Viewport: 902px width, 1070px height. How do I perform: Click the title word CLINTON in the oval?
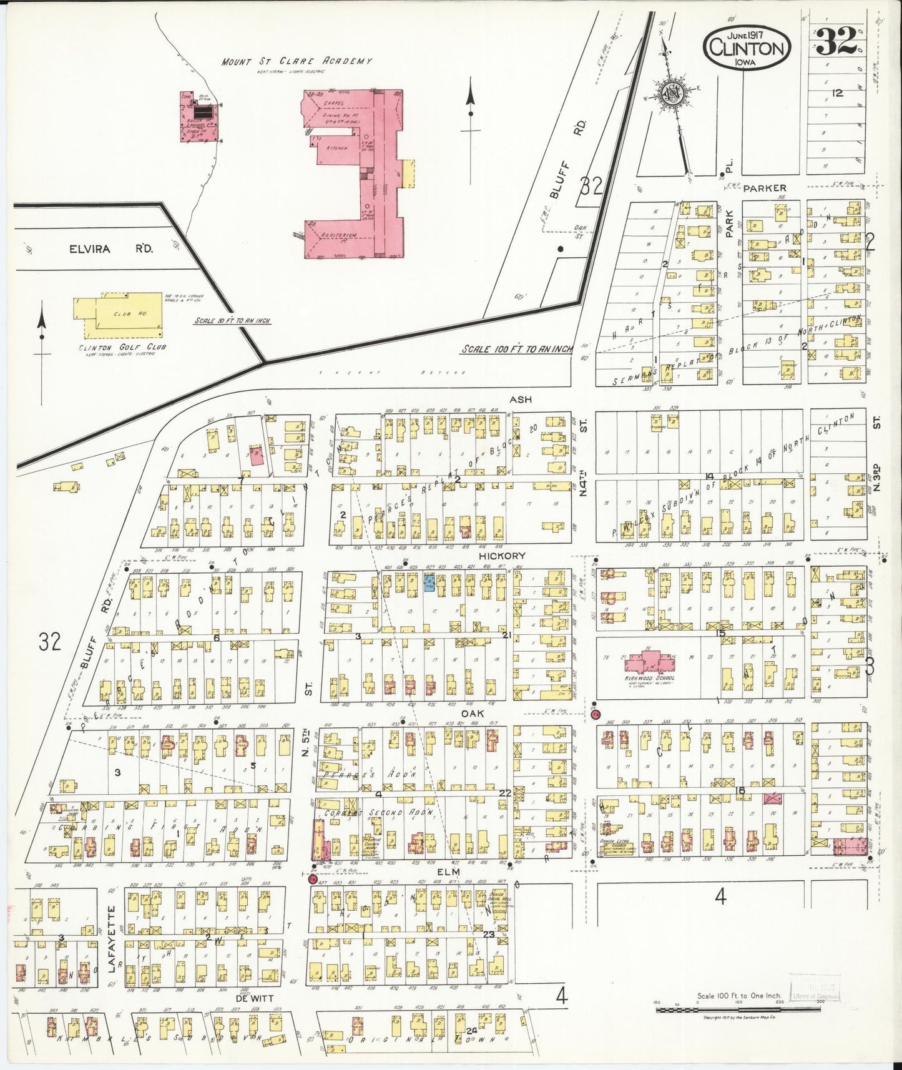tap(747, 48)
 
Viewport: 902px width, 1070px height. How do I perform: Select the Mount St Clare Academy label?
tap(297, 61)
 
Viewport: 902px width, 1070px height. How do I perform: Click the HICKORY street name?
tap(502, 556)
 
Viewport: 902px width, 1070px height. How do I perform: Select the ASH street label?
tap(520, 399)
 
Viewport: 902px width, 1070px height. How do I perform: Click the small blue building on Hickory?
tap(430, 583)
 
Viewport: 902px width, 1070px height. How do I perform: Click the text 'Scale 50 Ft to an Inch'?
tap(232, 320)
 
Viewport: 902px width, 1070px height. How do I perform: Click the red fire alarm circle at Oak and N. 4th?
tap(595, 714)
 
